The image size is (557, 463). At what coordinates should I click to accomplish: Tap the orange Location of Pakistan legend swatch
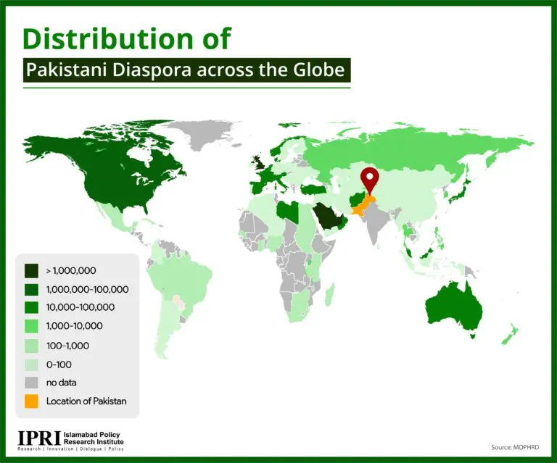[x=31, y=401]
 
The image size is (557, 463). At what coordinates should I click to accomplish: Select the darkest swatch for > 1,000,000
[x=31, y=271]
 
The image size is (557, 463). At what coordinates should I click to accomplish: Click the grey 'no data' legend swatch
[x=31, y=383]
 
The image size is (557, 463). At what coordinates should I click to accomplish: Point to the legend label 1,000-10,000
[x=74, y=326]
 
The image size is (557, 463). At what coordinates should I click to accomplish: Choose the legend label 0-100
[x=59, y=364]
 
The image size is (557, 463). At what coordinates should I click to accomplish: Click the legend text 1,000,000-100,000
[x=87, y=290]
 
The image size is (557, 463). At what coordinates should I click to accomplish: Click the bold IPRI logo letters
[x=39, y=438]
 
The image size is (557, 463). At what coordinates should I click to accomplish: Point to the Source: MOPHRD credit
[x=515, y=447]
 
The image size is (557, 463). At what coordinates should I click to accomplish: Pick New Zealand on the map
[x=510, y=334]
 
